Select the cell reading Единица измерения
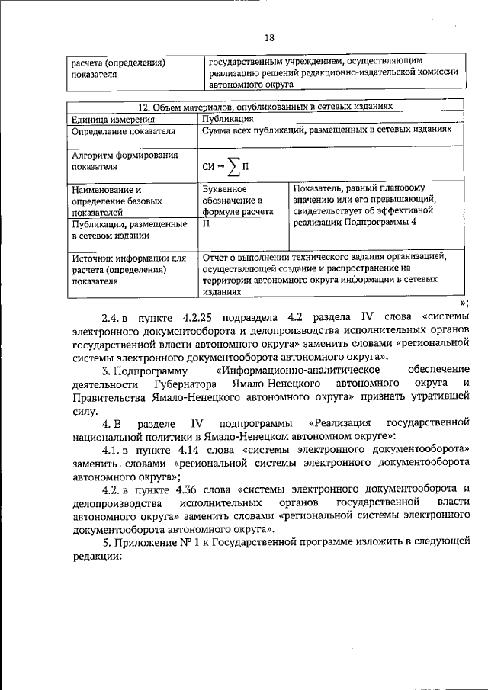click(x=112, y=120)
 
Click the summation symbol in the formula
click(x=228, y=164)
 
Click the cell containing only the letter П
click(x=207, y=224)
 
